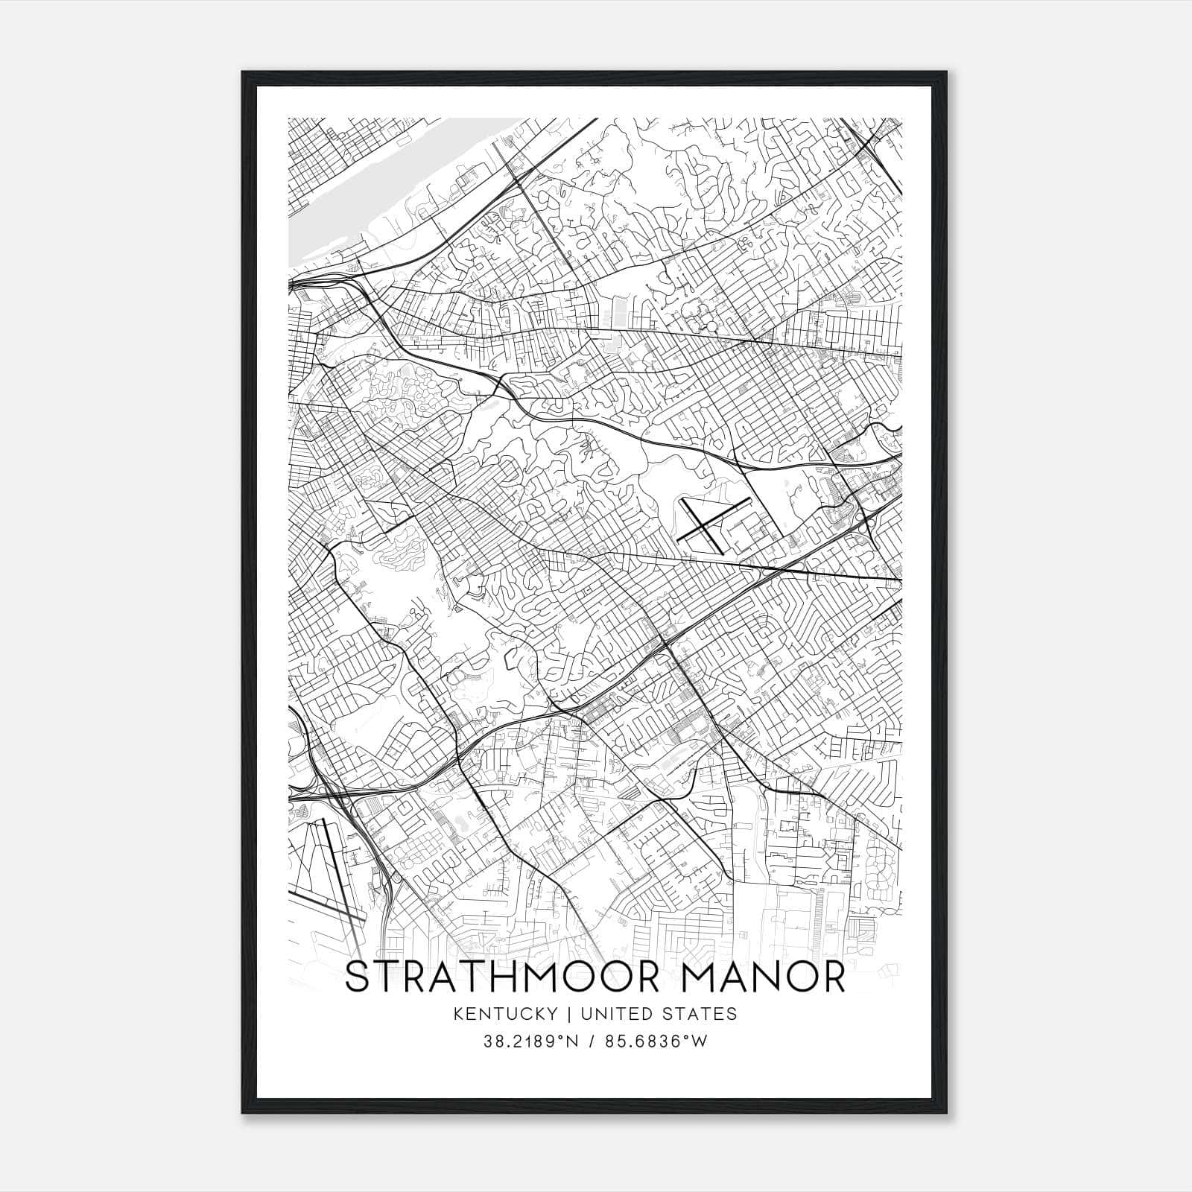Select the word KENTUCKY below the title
point(507,1014)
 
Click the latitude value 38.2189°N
point(530,1042)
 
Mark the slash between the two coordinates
point(591,1042)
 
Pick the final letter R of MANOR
point(835,977)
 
